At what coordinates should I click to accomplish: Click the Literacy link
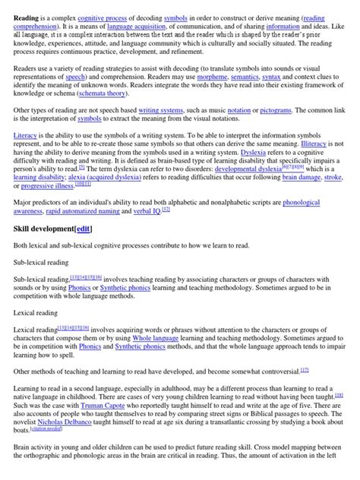26,157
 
